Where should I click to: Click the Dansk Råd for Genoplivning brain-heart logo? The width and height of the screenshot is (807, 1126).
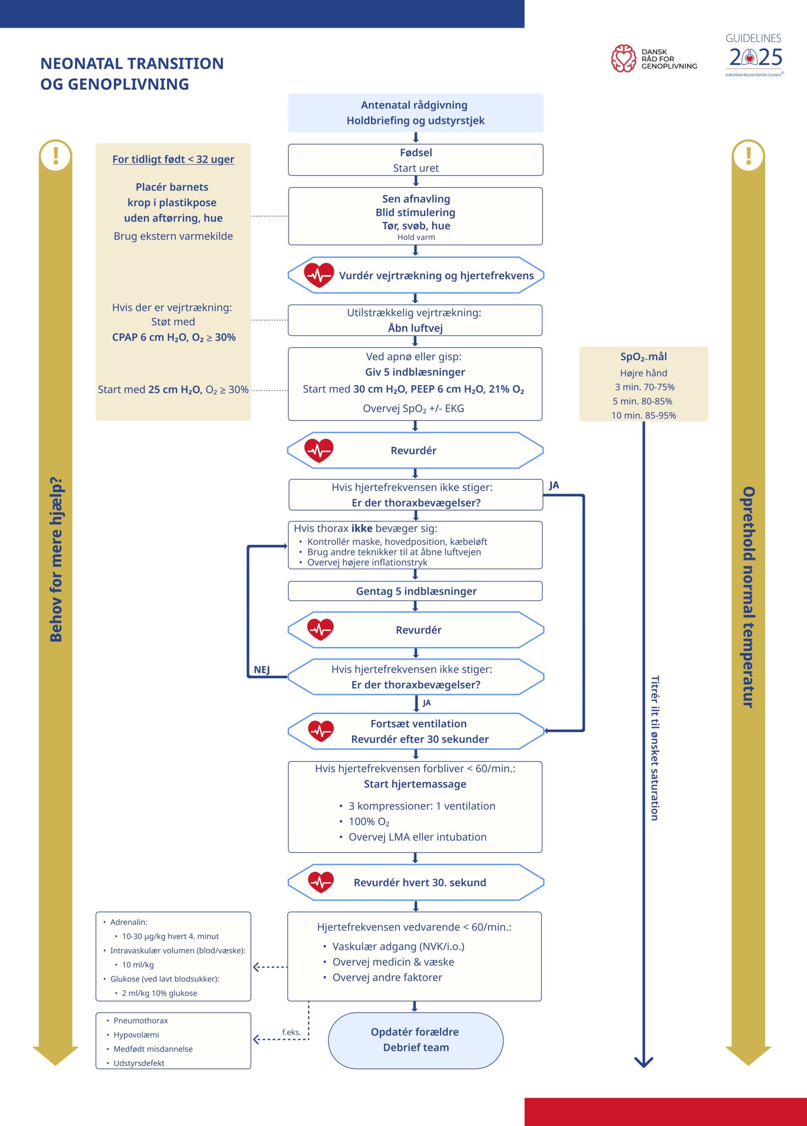click(x=623, y=58)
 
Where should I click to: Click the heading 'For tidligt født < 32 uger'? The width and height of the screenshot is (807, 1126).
click(x=173, y=159)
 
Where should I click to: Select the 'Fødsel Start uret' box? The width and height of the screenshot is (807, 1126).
click(x=416, y=160)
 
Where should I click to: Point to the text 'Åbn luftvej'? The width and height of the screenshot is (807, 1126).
click(x=416, y=328)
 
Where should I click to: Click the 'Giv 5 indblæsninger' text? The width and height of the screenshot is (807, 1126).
click(x=416, y=373)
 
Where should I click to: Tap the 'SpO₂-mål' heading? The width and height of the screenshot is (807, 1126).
click(x=644, y=356)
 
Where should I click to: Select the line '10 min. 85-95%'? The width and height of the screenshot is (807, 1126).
click(x=644, y=416)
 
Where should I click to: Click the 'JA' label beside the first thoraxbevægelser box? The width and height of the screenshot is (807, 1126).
click(x=554, y=486)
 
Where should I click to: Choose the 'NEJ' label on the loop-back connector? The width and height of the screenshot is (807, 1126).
click(x=262, y=670)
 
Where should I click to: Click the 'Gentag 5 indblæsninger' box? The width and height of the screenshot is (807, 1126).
click(x=416, y=591)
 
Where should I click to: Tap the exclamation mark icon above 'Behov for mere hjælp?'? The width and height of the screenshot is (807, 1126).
click(x=55, y=155)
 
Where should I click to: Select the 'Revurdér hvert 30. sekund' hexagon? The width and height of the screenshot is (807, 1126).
click(x=416, y=882)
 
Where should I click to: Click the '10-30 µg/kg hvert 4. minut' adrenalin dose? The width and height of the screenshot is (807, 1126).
click(x=170, y=936)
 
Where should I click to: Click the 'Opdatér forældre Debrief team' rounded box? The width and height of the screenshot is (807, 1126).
click(x=416, y=1041)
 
